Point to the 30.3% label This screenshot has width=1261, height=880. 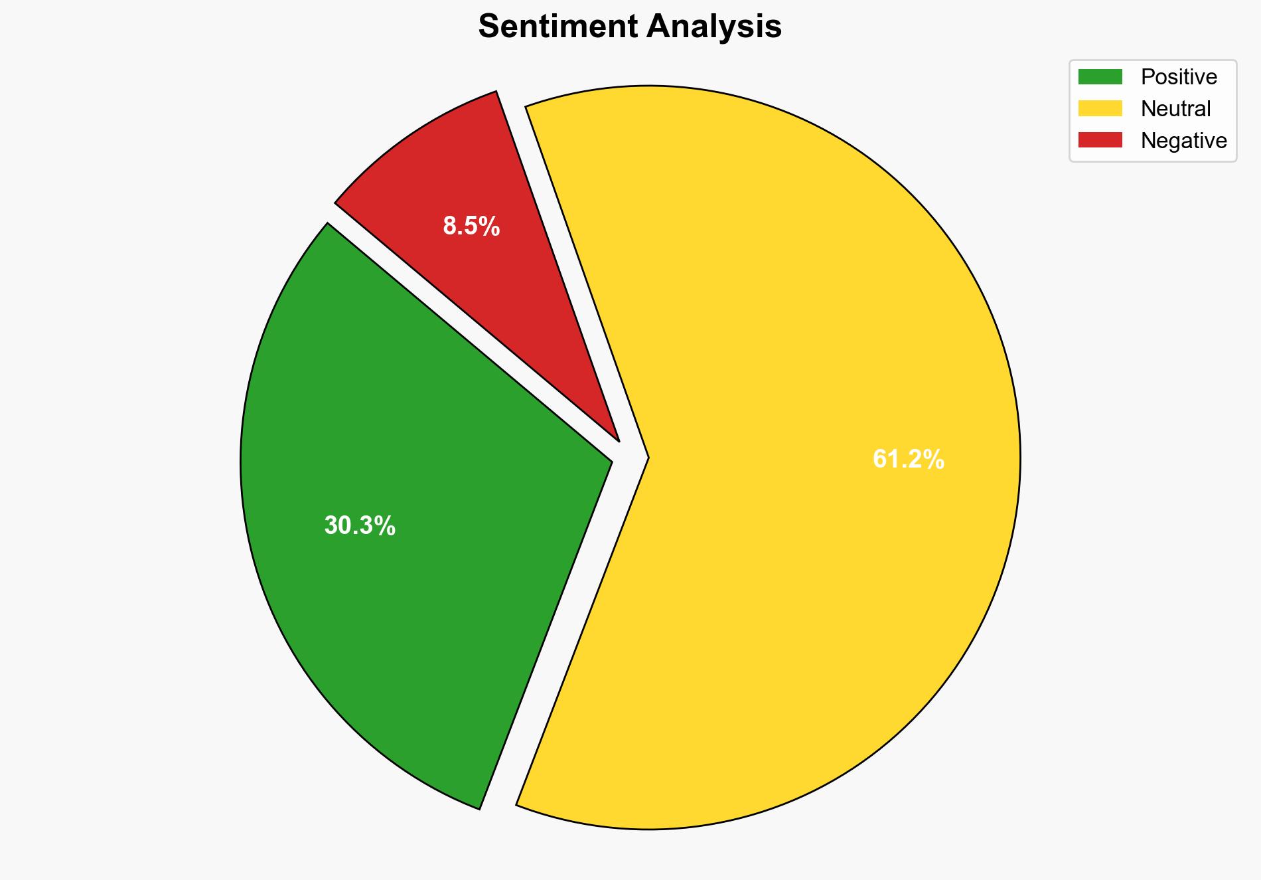click(360, 526)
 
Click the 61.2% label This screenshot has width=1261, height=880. click(908, 459)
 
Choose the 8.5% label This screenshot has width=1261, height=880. click(471, 226)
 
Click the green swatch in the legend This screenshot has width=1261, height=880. click(1100, 77)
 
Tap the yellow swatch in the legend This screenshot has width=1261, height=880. click(1100, 108)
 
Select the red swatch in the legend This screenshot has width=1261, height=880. click(1100, 140)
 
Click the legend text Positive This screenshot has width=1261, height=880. click(1179, 77)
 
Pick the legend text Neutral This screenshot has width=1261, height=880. click(1175, 108)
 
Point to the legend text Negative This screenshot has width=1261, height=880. click(1183, 140)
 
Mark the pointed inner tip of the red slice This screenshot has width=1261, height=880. click(617, 439)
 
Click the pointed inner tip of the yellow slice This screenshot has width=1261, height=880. click(646, 458)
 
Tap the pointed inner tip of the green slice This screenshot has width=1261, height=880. click(610, 460)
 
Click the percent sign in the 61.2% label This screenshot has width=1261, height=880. click(934, 459)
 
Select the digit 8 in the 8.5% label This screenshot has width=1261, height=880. click(450, 226)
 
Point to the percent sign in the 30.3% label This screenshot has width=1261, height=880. click(386, 526)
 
